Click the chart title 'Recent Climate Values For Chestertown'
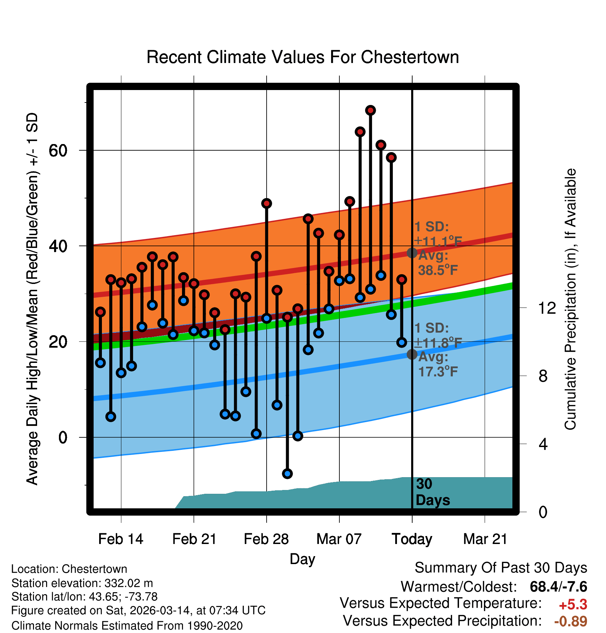coord(303,57)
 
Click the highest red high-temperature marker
coord(370,110)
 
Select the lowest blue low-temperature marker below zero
coord(287,473)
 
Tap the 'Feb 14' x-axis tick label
coord(121,539)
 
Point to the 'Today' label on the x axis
coord(412,539)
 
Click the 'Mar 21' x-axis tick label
coord(485,539)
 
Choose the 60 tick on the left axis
coord(58,150)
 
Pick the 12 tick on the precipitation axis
coord(547,308)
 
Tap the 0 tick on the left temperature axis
coord(63,437)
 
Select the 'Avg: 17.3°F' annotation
coord(438,365)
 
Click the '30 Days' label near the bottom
coord(432,492)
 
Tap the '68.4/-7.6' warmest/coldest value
coord(558,587)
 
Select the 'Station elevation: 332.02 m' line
coord(82,583)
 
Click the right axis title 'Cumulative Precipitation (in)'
coord(570,300)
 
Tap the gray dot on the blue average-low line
coord(412,354)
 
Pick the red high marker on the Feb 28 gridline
coord(266,203)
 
